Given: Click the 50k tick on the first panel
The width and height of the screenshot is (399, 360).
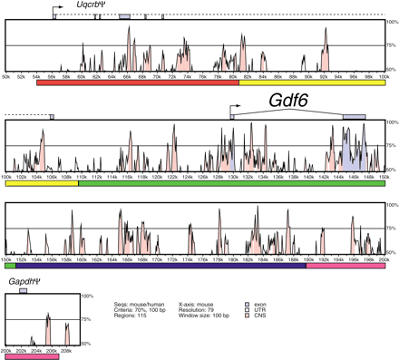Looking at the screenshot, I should click(6, 78).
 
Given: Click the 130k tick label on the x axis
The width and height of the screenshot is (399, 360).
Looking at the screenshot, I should click(233, 178).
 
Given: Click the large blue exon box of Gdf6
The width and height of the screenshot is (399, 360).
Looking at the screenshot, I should click(354, 117).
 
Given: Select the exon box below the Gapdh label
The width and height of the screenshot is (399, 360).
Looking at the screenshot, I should click(24, 291).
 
